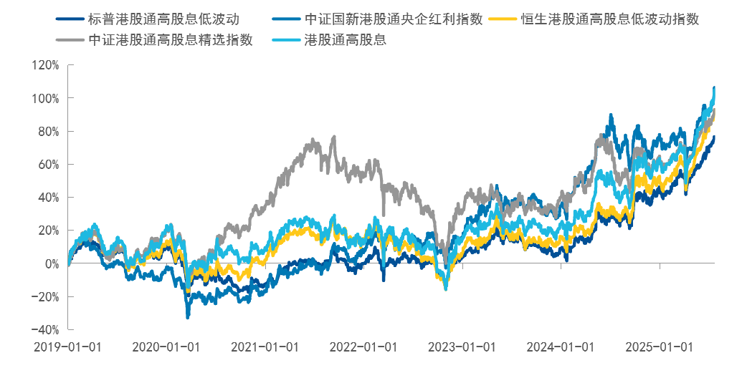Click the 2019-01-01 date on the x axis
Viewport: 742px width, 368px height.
67,347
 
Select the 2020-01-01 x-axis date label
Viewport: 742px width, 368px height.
166,347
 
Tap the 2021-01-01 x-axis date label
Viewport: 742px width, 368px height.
265,347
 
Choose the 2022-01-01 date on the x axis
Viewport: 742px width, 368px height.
363,347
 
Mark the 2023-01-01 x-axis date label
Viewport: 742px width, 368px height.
461,347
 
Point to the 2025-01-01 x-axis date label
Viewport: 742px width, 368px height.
658,347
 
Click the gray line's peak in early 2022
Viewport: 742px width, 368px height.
334,137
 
